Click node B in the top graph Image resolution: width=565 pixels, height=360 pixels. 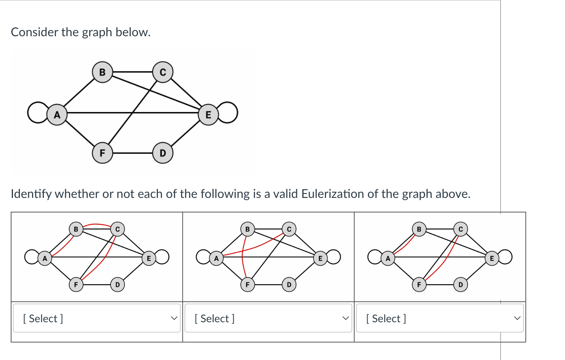click(x=102, y=72)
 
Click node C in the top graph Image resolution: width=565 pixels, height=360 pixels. click(x=163, y=72)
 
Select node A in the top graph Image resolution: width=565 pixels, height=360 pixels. click(x=57, y=115)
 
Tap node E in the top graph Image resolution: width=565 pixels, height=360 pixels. click(x=208, y=115)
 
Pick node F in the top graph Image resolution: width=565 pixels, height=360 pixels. click(x=102, y=153)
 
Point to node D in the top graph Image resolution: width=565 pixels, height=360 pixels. click(x=163, y=153)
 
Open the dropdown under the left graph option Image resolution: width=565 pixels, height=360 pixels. click(x=97, y=318)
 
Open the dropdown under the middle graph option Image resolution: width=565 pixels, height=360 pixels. click(x=268, y=318)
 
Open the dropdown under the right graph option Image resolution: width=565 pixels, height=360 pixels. click(x=440, y=318)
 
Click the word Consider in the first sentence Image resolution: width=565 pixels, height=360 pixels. click(x=34, y=32)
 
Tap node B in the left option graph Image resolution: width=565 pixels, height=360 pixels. click(x=76, y=229)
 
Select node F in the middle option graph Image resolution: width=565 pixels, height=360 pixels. click(x=247, y=284)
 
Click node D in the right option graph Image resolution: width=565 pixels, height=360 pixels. click(x=461, y=284)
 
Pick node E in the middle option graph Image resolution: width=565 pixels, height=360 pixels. click(x=320, y=258)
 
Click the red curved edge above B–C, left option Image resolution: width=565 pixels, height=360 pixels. click(x=97, y=224)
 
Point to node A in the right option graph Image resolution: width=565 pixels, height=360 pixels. click(x=388, y=258)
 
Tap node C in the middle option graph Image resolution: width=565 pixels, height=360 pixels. click(x=289, y=229)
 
